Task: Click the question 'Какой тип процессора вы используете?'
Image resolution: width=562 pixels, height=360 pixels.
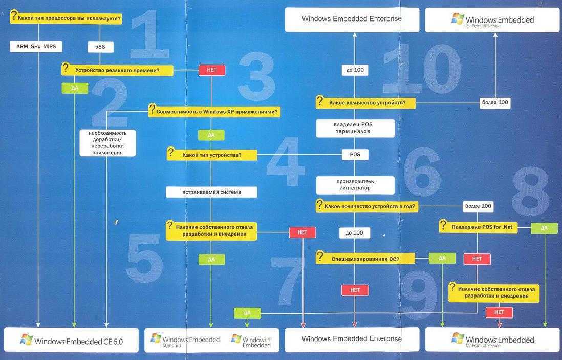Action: click(x=66, y=19)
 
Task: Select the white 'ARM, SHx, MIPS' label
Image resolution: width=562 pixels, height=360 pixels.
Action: click(x=36, y=47)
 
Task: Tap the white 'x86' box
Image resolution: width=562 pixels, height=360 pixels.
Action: click(x=100, y=47)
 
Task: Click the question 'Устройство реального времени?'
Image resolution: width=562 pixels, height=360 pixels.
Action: click(x=117, y=70)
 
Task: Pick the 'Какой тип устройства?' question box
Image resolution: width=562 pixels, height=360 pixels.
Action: click(x=212, y=154)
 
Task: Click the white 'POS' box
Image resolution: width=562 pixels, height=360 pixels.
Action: click(x=355, y=154)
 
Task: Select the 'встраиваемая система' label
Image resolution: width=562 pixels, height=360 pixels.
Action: click(x=211, y=192)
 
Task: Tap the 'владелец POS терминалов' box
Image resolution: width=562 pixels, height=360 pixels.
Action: click(x=355, y=128)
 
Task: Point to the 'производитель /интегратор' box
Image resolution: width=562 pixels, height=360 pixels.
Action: click(x=355, y=185)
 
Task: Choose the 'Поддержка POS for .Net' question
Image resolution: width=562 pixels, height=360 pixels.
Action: click(x=478, y=226)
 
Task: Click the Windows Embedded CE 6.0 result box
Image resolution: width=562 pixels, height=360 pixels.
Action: click(x=71, y=340)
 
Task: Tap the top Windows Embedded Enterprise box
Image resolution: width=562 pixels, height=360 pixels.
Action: click(x=352, y=19)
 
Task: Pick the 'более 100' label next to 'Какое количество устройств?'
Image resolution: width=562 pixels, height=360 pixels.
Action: click(x=495, y=103)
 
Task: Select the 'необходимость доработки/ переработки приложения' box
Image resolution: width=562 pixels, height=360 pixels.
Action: click(x=107, y=142)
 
